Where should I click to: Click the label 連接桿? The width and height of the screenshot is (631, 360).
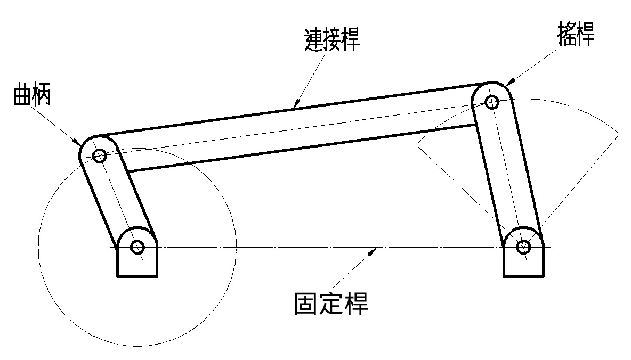(330, 40)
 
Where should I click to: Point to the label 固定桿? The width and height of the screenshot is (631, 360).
(331, 304)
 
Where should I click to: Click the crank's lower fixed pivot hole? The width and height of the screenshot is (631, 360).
(137, 247)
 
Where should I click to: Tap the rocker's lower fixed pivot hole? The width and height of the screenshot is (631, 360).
(524, 247)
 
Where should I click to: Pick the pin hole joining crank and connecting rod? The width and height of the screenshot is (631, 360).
(99, 156)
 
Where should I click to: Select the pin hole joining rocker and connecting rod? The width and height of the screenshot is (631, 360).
(492, 101)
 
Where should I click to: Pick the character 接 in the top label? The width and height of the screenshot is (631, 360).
(330, 40)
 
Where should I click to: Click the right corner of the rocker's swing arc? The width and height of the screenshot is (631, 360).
(619, 132)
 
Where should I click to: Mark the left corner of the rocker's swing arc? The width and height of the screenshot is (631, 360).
(416, 144)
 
